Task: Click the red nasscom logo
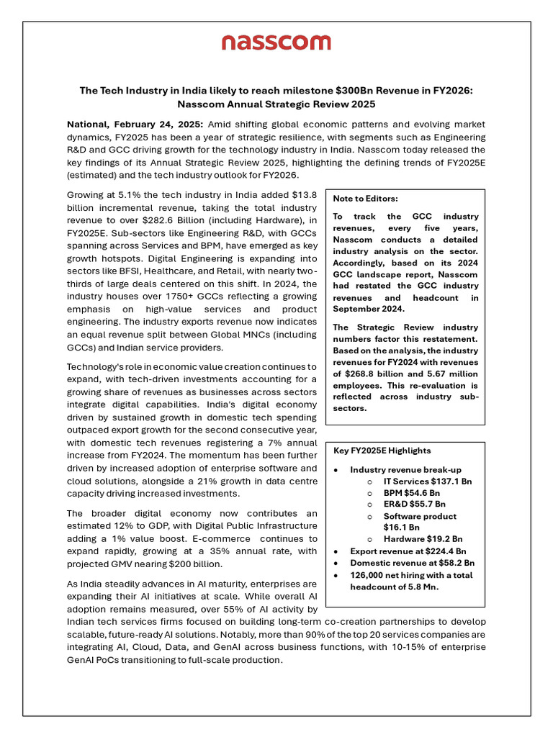276,43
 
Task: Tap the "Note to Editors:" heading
365,199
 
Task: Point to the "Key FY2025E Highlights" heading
382,451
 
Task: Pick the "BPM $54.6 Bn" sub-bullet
412,493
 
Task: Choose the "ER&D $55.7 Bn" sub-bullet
414,505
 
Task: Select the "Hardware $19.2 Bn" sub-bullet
423,539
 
